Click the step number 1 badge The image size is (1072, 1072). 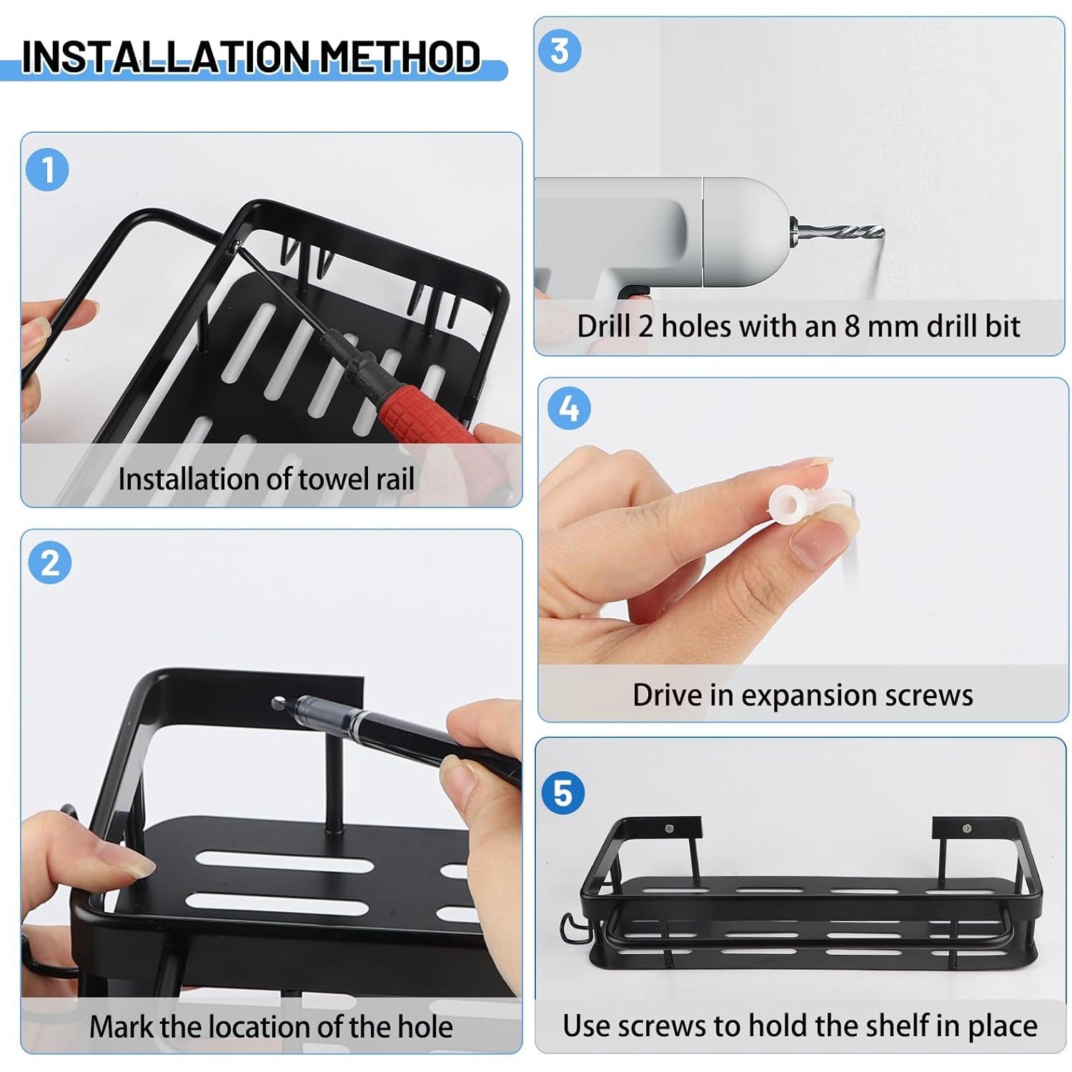(x=47, y=170)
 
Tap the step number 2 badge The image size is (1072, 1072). (x=50, y=563)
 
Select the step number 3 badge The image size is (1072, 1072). (x=560, y=51)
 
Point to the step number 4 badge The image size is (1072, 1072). (x=569, y=409)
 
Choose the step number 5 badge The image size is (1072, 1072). (x=563, y=793)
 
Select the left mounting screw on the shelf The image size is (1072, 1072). (x=670, y=828)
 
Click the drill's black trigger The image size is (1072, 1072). (x=635, y=292)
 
